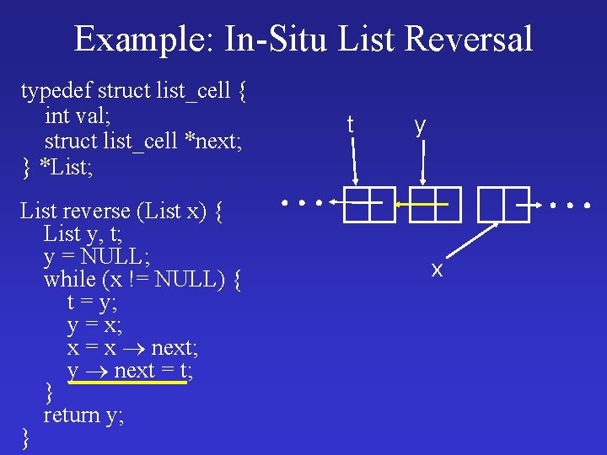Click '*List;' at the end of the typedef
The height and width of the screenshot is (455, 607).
pyautogui.click(x=66, y=167)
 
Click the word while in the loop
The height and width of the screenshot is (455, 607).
pyautogui.click(x=69, y=278)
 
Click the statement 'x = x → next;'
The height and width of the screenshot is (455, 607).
pyautogui.click(x=132, y=347)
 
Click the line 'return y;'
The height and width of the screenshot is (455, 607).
pyautogui.click(x=83, y=415)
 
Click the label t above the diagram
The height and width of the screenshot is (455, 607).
pyautogui.click(x=350, y=125)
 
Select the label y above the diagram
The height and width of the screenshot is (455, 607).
pyautogui.click(x=419, y=125)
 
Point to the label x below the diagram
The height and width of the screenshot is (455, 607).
pyautogui.click(x=437, y=270)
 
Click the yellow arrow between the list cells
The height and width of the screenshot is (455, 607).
pyautogui.click(x=422, y=204)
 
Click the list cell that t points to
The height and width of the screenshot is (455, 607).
pyautogui.click(x=369, y=204)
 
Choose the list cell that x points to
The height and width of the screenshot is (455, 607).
pyautogui.click(x=503, y=204)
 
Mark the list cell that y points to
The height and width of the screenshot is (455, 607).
pyautogui.click(x=436, y=204)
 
